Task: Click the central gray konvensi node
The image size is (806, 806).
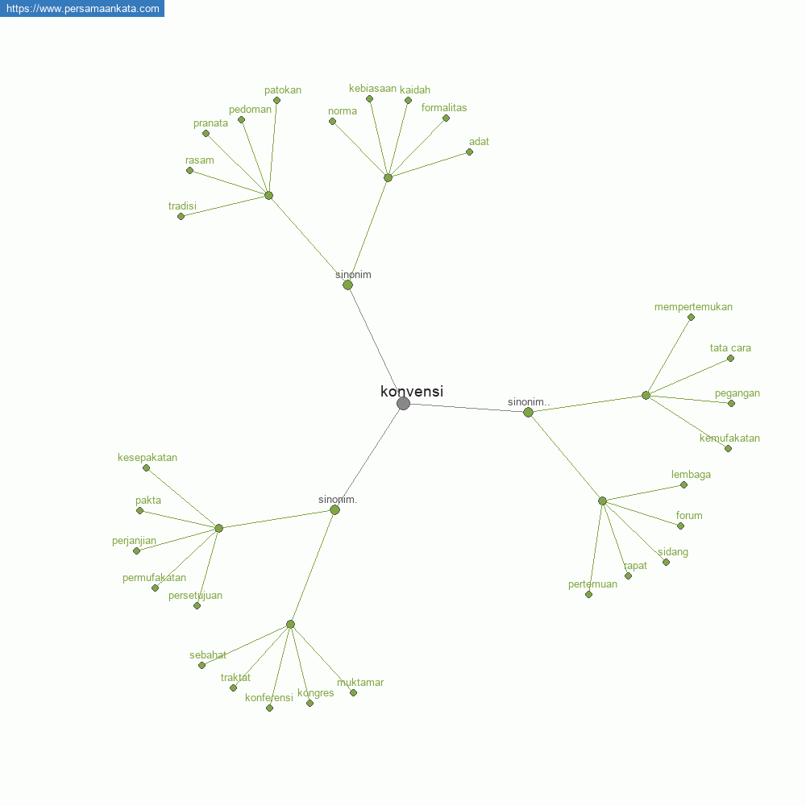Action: point(404,404)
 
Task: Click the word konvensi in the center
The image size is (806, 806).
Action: point(412,391)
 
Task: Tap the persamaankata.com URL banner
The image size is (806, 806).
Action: point(82,8)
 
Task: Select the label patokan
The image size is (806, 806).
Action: point(283,90)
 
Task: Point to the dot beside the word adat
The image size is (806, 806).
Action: point(469,152)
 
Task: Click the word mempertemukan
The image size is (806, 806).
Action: point(693,307)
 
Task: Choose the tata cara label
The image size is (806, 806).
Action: point(730,348)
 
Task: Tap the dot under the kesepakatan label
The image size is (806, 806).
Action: point(147,468)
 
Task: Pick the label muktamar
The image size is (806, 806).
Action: point(360,683)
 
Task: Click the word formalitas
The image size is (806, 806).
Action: point(444,108)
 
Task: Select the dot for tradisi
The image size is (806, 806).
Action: point(181,217)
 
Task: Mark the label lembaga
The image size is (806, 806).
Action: point(691,475)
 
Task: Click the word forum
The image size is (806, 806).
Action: point(689,516)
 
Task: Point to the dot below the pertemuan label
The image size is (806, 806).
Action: point(589,595)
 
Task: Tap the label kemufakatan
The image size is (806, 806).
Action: point(729,438)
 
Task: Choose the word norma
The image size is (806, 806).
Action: point(343,111)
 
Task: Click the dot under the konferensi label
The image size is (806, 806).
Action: point(269,708)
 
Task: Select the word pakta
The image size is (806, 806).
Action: point(148,501)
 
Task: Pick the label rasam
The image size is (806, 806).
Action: point(199,160)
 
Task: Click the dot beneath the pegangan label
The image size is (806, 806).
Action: point(732,404)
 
